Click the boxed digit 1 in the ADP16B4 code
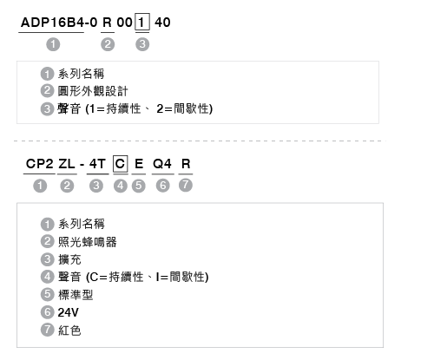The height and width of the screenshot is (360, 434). pos(142,22)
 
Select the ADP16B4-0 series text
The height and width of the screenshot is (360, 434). pos(59,23)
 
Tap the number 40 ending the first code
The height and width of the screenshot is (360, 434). pos(162,23)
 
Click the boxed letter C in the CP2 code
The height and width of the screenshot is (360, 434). pos(121,164)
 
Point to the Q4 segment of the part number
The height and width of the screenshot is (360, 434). pos(162,164)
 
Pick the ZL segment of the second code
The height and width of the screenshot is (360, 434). pos(67,164)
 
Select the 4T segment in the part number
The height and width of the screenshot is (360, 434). pos(97,164)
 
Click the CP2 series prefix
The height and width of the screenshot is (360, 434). pos(39,164)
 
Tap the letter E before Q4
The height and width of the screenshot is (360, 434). pos(139,164)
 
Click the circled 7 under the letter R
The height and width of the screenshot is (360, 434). pos(186,185)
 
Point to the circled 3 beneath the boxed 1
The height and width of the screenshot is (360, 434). pos(142,44)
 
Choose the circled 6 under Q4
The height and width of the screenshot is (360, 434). pos(163,186)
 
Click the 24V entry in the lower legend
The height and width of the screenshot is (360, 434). pos(69,312)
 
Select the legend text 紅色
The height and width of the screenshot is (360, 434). pos(69,331)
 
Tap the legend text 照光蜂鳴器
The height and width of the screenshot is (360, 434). pos(88,242)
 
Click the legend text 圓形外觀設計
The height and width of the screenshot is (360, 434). pos(93,91)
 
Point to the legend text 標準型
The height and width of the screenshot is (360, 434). pos(76,295)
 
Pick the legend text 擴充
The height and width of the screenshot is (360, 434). pos(69,259)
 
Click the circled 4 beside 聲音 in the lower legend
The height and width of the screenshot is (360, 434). pos(48,277)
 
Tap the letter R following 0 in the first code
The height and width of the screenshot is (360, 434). pos(107,23)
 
